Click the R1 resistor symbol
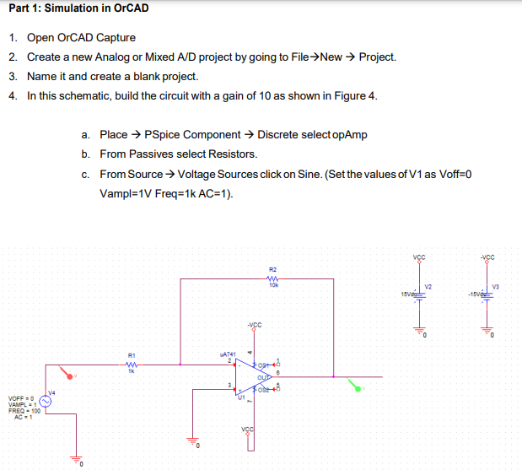coord(131,365)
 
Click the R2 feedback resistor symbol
coord(272,282)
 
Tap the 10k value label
coord(272,289)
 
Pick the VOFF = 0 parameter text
coord(22,398)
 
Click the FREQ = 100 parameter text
coord(24,410)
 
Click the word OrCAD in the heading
coord(127,8)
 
